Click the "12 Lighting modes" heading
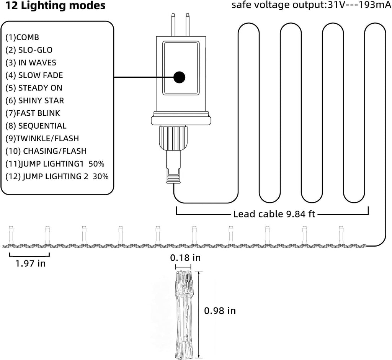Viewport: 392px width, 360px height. click(55, 5)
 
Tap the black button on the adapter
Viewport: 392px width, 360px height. click(179, 77)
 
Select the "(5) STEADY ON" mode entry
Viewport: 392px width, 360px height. click(34, 88)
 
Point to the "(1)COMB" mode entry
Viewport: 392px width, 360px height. click(22, 38)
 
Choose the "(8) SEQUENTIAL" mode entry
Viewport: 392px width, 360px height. click(36, 126)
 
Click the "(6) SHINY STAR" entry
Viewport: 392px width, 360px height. click(35, 101)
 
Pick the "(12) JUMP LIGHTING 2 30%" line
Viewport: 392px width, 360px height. click(57, 177)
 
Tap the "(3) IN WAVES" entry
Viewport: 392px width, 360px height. click(31, 63)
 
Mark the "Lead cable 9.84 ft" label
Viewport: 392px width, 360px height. click(274, 214)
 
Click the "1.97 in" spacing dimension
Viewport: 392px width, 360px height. click(31, 263)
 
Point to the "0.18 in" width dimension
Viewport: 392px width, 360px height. click(185, 258)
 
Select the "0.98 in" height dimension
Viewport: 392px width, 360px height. click(220, 311)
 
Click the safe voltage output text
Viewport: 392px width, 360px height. click(312, 5)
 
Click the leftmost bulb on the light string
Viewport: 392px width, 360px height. click(11, 235)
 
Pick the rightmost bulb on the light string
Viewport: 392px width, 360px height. click(341, 235)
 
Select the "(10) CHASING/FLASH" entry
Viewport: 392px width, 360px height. click(46, 151)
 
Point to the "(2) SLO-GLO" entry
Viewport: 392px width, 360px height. click(29, 50)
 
